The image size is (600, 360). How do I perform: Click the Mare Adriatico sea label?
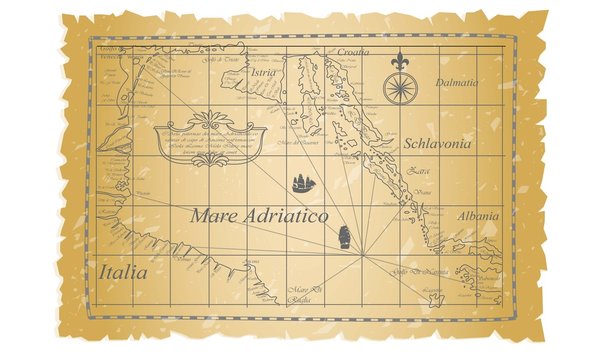(259, 215)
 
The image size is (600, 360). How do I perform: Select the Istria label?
(265, 73)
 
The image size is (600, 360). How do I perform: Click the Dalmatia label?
(458, 82)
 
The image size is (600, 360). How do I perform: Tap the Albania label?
(477, 215)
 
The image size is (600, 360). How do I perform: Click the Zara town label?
(419, 171)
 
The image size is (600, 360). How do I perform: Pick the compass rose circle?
(400, 88)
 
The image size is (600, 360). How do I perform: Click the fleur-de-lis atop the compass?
(400, 59)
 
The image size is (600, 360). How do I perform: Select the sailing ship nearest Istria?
(303, 183)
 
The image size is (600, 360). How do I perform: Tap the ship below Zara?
(344, 237)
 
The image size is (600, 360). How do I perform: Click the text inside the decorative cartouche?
(210, 140)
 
